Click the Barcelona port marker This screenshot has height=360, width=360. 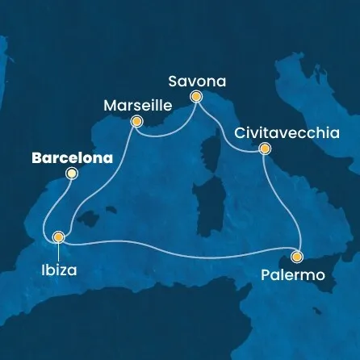(x=71, y=174)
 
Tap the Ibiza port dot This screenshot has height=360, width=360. (x=58, y=237)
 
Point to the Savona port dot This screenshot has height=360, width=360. (x=195, y=96)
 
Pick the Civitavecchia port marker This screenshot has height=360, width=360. (x=264, y=149)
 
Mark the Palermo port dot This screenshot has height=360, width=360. (x=297, y=257)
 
